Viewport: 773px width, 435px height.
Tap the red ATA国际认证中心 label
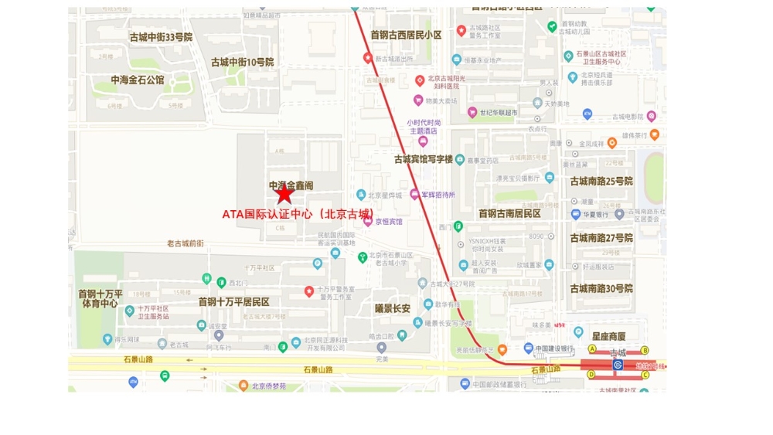[x=298, y=213]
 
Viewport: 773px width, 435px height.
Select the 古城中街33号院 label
[x=161, y=36]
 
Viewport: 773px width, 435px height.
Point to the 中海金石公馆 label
[x=138, y=80]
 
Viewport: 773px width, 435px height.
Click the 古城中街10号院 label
[x=243, y=62]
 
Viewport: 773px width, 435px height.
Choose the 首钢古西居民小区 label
[x=406, y=35]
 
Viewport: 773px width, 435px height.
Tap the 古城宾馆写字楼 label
[x=423, y=159]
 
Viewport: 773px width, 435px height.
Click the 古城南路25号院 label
[x=601, y=182]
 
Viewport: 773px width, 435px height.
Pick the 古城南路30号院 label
[x=601, y=288]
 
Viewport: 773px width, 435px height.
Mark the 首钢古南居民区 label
[x=509, y=213]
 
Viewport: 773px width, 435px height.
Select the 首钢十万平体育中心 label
[x=100, y=299]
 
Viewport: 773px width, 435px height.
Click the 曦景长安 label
[x=392, y=308]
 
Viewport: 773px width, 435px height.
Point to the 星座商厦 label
[x=609, y=336]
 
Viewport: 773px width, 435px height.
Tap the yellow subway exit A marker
[x=592, y=349]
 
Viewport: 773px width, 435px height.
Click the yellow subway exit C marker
[x=644, y=376]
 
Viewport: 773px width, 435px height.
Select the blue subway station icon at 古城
[x=618, y=364]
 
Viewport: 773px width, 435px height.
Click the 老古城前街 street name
[x=186, y=243]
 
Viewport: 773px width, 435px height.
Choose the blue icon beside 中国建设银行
[x=529, y=348]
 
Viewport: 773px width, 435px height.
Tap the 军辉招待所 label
[x=438, y=195]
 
